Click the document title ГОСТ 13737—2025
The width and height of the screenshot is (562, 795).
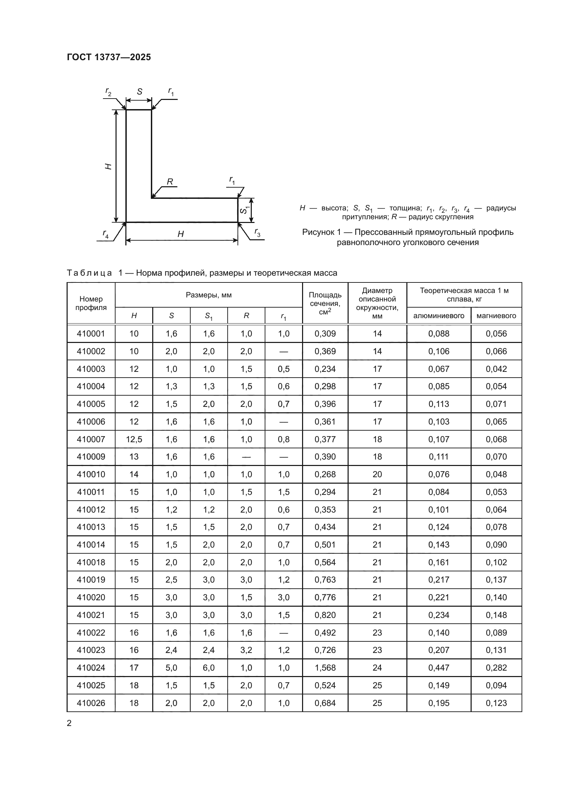click(x=109, y=57)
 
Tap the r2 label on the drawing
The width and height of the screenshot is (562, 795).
click(x=108, y=92)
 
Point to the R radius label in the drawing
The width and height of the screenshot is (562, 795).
click(x=170, y=182)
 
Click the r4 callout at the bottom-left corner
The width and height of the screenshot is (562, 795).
click(x=106, y=234)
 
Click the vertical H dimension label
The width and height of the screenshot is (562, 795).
click(x=108, y=166)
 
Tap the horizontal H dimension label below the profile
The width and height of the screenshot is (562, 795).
click(x=181, y=235)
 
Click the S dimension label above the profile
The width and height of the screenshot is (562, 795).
click(x=139, y=92)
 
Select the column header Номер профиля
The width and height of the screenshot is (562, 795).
click(x=91, y=303)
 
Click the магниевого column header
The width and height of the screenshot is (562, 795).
click(x=496, y=315)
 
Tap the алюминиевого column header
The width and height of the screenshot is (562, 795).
click(x=438, y=315)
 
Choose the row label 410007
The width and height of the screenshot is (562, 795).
click(x=91, y=439)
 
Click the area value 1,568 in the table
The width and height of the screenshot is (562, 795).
click(x=325, y=668)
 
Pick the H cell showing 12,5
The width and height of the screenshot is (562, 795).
click(x=134, y=439)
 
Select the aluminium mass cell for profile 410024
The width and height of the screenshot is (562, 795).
click(x=438, y=668)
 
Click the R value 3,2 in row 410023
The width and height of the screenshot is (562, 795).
click(x=246, y=650)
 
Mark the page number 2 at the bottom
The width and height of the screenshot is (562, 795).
click(x=69, y=723)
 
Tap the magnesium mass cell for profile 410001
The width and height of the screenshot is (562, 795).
click(x=496, y=333)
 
